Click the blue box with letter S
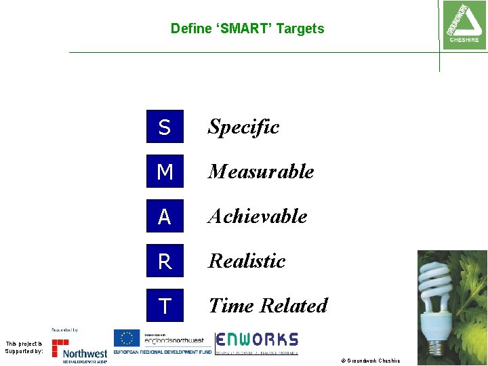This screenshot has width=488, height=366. click(165, 127)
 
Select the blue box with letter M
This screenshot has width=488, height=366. click(165, 171)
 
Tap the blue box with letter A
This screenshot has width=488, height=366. click(165, 216)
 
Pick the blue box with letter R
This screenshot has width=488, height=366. click(165, 261)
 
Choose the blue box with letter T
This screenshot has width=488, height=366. click(165, 306)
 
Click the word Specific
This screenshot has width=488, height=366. click(243, 127)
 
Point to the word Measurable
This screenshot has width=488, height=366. click(261, 171)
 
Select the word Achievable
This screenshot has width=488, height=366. click(258, 216)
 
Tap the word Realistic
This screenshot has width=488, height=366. click(247, 261)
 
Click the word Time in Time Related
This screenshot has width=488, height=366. click(230, 306)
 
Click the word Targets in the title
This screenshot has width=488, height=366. click(300, 28)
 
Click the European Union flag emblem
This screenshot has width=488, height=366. click(126, 338)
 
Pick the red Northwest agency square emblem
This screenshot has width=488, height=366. click(60, 347)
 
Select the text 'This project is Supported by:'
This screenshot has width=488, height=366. click(24, 348)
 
